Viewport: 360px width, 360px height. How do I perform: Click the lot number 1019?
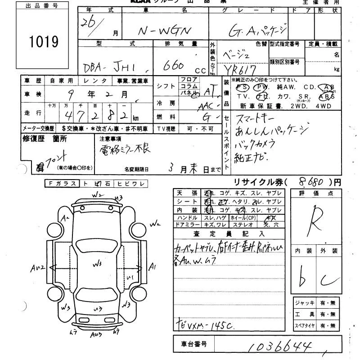(44, 42)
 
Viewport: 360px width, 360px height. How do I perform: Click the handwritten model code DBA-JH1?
(116, 67)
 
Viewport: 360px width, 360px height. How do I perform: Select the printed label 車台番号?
(194, 344)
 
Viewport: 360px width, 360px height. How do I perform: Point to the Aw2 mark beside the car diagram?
(37, 268)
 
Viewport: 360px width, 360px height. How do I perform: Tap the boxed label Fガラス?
(63, 183)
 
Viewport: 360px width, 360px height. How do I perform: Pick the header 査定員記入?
(229, 234)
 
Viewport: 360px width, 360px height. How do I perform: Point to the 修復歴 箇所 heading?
(45, 139)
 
